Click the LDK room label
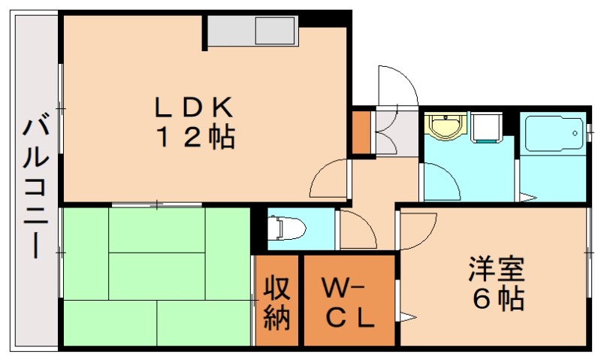point(194,107)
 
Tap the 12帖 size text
point(195,138)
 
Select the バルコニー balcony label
point(35,189)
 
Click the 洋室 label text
point(496,270)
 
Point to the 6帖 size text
point(498,298)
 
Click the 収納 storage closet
point(276,300)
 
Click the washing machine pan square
point(486,128)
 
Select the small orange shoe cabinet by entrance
point(361,132)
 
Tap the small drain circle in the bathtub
point(575,134)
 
